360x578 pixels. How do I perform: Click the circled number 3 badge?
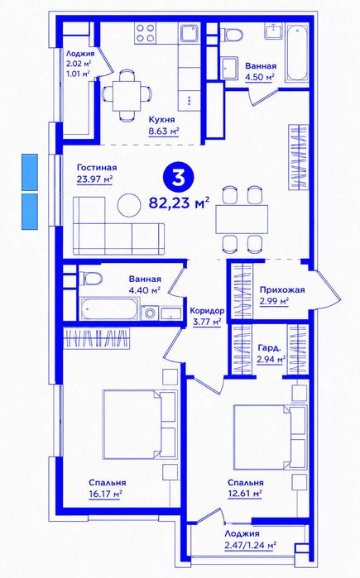(179, 178)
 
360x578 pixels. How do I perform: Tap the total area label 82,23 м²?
(180, 203)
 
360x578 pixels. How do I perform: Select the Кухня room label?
(161, 119)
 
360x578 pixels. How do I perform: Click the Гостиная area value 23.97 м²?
(94, 179)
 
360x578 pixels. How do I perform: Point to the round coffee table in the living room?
(129, 205)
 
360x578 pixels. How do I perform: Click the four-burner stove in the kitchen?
(145, 32)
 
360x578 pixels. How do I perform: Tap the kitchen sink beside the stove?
(190, 32)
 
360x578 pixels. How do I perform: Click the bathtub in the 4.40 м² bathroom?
(109, 308)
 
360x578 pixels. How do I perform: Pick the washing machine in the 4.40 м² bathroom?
(151, 313)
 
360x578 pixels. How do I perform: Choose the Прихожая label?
(282, 289)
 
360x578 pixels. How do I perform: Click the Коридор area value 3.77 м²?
(207, 322)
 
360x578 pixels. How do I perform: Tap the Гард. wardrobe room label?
(269, 347)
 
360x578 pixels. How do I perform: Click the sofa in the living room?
(119, 226)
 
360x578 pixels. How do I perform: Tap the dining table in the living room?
(242, 219)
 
